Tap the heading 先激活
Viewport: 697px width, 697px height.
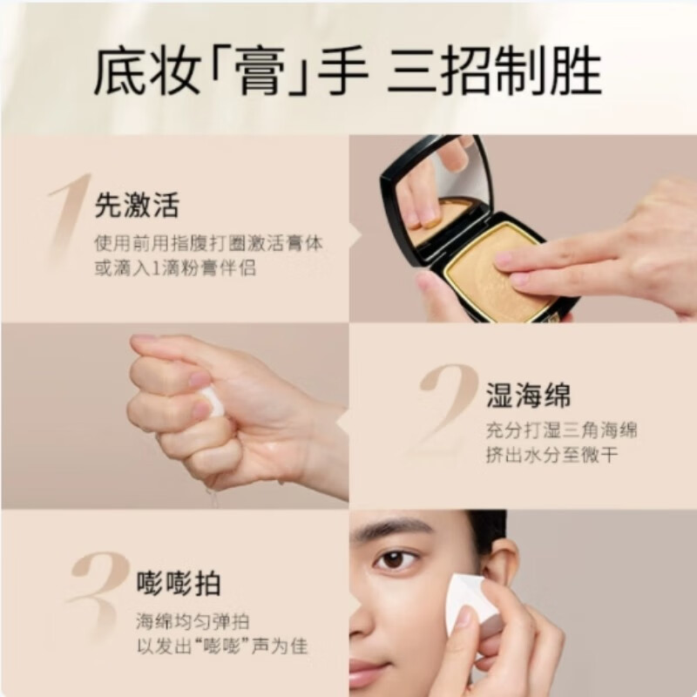(x=137, y=206)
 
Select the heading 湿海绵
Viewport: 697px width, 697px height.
(x=529, y=396)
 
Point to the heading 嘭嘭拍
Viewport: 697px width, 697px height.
(x=179, y=584)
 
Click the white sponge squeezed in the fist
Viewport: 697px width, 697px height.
(x=212, y=403)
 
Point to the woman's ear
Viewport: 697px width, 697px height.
(x=504, y=566)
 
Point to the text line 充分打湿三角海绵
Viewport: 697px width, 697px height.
(x=562, y=430)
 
